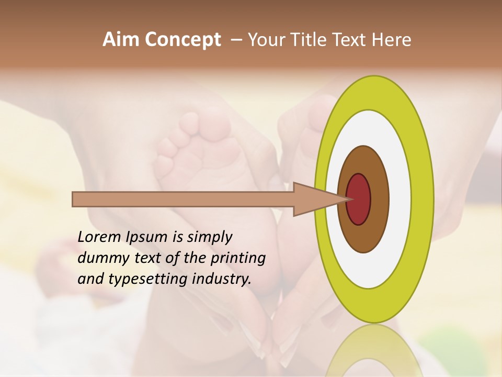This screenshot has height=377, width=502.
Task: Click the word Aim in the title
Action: point(120,40)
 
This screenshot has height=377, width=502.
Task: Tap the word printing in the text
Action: point(238,258)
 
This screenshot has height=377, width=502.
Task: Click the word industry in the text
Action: point(222,279)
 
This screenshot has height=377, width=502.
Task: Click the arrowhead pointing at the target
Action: point(319,199)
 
